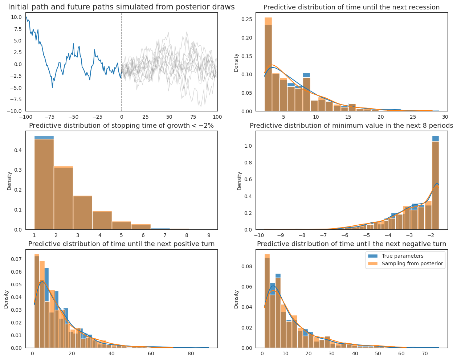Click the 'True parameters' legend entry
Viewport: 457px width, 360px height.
click(402, 256)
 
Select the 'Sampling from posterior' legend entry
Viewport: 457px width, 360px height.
click(412, 263)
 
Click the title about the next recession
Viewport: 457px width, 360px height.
click(351, 7)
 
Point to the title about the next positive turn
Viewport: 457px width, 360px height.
click(121, 244)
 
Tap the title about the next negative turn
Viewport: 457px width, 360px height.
click(351, 244)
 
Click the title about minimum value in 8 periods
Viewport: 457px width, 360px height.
click(351, 126)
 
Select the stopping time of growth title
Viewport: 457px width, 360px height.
click(121, 126)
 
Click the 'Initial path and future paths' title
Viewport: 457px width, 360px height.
click(121, 7)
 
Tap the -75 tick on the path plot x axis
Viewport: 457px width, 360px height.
click(49, 117)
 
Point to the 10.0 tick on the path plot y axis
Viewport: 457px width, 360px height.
click(16, 17)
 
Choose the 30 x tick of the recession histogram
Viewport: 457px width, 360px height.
click(445, 117)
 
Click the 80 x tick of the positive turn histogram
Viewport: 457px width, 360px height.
click(190, 354)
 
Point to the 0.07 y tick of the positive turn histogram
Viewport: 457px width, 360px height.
click(16, 259)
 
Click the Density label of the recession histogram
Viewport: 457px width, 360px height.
click(236, 62)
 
